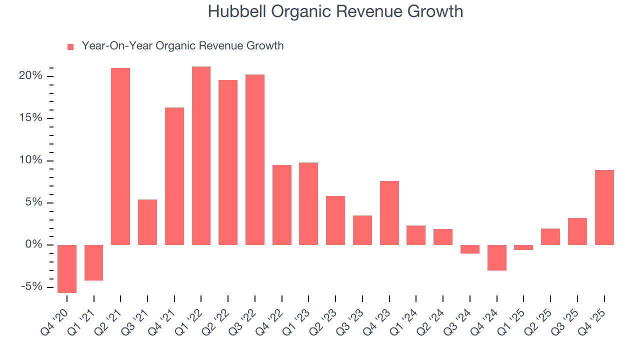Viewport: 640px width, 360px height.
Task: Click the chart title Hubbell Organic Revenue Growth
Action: point(335,11)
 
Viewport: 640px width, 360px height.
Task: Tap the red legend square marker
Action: point(70,46)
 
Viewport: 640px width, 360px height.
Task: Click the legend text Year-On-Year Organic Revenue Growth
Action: point(182,46)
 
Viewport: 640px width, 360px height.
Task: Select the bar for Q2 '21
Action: point(120,156)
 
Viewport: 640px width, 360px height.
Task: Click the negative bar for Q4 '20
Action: point(67,268)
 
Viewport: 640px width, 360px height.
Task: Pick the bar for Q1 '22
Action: point(201,155)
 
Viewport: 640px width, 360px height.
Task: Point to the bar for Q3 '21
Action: point(147,222)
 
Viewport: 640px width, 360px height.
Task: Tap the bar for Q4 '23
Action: point(389,212)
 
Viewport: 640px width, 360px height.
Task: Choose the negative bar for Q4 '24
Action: point(497,257)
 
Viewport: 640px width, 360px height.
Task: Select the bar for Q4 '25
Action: point(604,207)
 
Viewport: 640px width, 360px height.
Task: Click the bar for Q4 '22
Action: point(282,204)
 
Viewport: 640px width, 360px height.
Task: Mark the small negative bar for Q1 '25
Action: point(523,247)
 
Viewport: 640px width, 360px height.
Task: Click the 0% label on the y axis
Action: point(34,244)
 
